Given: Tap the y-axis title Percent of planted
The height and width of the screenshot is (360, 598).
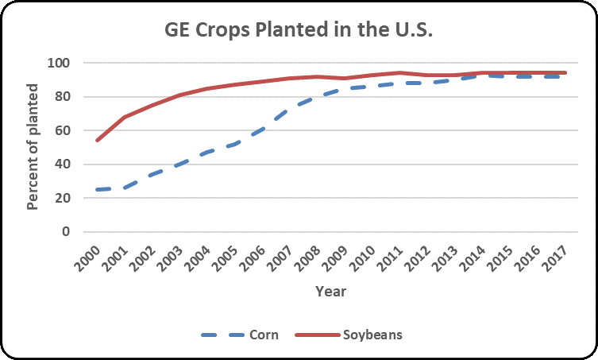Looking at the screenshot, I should click(x=33, y=147).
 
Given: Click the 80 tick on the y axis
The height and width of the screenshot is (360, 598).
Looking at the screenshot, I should click(x=64, y=97).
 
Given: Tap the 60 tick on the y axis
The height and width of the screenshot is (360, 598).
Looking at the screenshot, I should click(x=64, y=130).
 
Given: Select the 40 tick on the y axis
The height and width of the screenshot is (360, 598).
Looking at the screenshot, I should click(x=64, y=165).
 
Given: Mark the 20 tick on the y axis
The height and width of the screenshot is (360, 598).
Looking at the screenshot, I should click(x=64, y=198).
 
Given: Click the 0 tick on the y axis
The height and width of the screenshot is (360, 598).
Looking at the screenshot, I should click(x=68, y=232).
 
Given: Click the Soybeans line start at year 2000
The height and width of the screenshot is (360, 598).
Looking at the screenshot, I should click(x=98, y=140).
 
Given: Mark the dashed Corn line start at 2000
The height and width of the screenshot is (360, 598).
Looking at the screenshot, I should click(x=98, y=190).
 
